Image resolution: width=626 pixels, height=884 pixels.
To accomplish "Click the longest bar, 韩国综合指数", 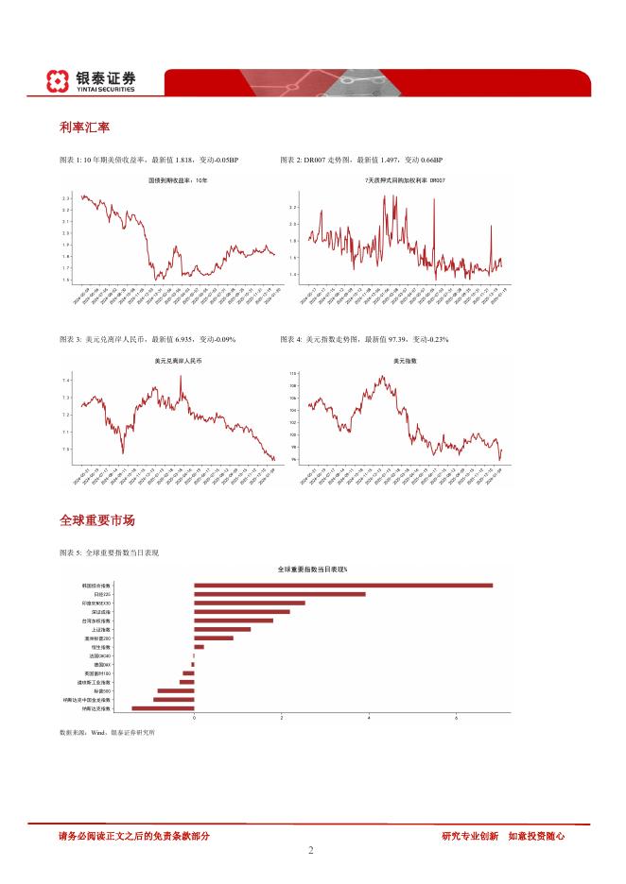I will click(343, 586).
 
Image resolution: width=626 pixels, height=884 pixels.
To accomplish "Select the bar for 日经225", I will click(279, 594).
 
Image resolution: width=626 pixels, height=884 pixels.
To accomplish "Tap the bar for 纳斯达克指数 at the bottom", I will click(163, 707).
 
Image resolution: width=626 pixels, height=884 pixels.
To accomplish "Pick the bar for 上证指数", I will click(222, 629).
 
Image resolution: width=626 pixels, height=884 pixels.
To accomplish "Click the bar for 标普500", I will click(175, 690).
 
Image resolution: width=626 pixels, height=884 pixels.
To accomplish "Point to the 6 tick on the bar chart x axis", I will click(456, 719).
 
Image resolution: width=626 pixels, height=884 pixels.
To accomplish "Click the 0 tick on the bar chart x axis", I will click(194, 719).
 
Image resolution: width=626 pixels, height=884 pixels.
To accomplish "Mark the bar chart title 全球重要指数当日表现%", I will click(313, 569).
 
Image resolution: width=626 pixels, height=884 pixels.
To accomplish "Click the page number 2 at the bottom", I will click(310, 850).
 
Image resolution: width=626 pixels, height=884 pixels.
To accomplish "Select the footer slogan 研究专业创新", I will click(469, 836).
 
